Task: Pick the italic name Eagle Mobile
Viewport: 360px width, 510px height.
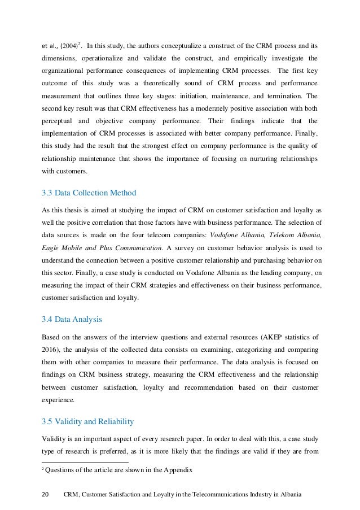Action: [62, 246]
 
